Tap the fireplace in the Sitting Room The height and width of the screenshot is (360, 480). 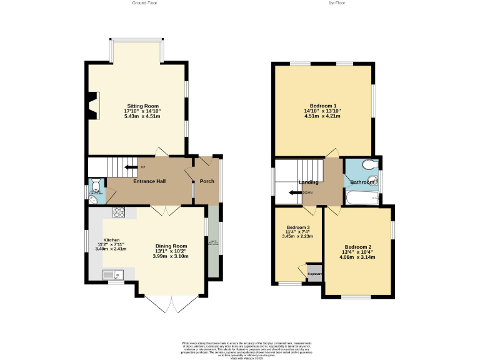(93, 105)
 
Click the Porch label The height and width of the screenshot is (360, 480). (207, 181)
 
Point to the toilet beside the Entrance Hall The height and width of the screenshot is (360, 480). (95, 186)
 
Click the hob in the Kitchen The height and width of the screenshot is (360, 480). (119, 212)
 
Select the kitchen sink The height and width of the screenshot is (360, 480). (114, 274)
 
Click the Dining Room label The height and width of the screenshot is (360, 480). (171, 246)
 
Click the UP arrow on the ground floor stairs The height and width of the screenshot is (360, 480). (132, 167)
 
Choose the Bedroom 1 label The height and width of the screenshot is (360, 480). (322, 106)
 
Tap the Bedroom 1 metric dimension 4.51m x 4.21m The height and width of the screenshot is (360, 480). (322, 116)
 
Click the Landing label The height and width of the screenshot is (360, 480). (308, 182)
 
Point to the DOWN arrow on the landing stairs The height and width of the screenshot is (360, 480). (296, 192)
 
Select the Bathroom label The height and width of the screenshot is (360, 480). (362, 182)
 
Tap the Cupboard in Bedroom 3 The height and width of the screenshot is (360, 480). (314, 273)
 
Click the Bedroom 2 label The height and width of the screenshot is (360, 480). (357, 247)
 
